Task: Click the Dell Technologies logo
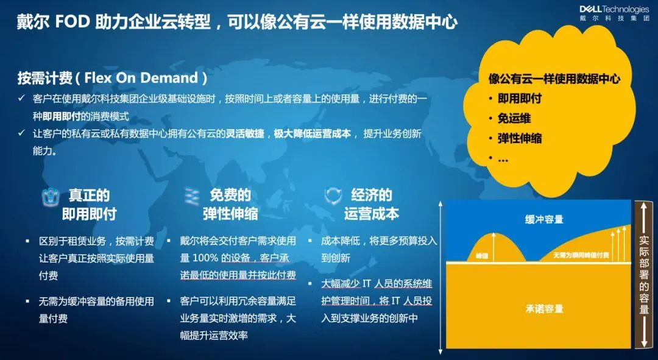pos(614,13)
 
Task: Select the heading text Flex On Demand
pos(141,77)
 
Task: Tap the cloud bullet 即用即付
pos(520,99)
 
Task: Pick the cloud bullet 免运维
pos(514,118)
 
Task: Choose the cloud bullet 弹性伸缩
pos(520,138)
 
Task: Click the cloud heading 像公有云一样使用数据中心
pos(554,79)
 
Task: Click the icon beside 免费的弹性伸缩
pos(192,196)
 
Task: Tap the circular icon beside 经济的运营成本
pos(333,196)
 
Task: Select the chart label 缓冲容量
pos(544,219)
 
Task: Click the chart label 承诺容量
pos(544,309)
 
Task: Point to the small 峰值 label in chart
pos(482,255)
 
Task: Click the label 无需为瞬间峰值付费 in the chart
pos(581,255)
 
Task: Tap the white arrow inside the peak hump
pos(493,247)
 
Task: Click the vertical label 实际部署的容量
pos(644,275)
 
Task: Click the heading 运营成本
pos(371,214)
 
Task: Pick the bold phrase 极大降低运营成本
pos(312,134)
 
